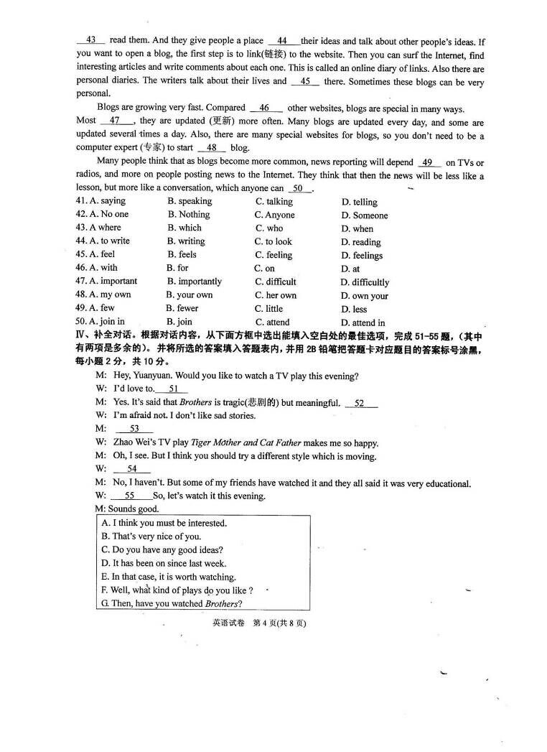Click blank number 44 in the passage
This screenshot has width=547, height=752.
point(282,41)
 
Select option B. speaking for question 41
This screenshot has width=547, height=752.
point(190,201)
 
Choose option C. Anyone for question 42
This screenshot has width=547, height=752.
point(274,215)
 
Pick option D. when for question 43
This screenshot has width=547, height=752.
point(357,228)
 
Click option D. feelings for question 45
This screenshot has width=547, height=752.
point(362,255)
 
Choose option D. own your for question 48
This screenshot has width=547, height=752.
point(364,295)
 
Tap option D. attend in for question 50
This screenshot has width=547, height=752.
point(363,322)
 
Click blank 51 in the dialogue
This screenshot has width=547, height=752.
point(173,389)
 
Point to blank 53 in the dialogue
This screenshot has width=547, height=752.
point(134,429)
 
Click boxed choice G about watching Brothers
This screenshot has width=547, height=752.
point(172,603)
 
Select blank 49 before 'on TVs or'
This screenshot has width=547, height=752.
point(427,163)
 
